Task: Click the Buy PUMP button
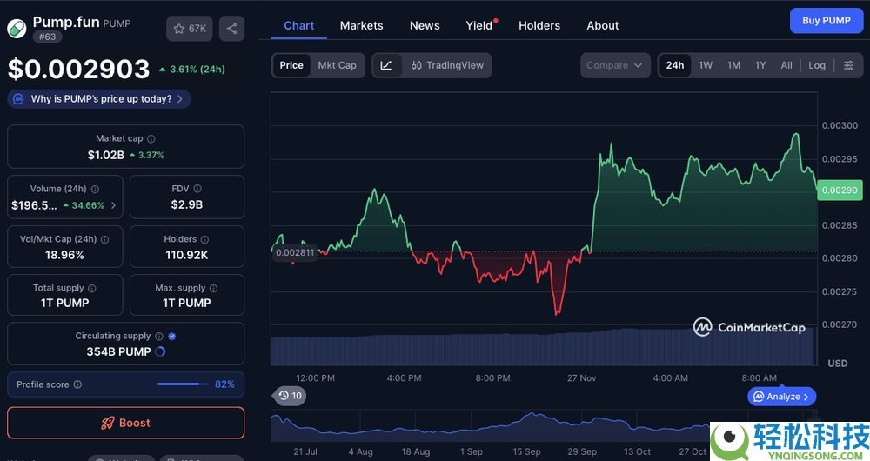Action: tap(826, 20)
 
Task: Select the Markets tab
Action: tap(361, 25)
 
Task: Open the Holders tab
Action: tap(539, 25)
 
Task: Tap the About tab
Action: tap(602, 25)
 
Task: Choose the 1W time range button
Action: tap(706, 65)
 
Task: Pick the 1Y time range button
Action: tap(760, 65)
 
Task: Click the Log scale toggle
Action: tap(817, 65)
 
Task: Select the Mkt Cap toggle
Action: tap(337, 65)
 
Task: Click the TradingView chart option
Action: tap(447, 65)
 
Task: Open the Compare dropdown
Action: tap(614, 65)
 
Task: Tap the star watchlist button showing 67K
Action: tap(190, 29)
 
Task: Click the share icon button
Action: tap(231, 29)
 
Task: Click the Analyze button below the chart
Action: tap(782, 397)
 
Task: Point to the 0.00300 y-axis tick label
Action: tap(840, 125)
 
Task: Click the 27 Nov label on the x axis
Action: tap(581, 378)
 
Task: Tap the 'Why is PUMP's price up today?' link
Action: tap(99, 99)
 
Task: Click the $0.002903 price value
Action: tap(78, 69)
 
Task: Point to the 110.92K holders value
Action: tap(187, 255)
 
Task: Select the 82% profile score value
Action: tap(224, 384)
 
